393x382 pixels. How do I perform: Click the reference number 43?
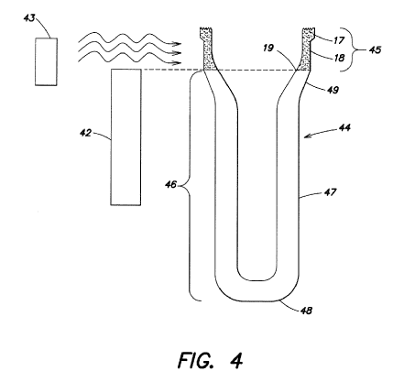click(x=29, y=18)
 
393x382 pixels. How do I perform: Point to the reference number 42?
click(x=86, y=133)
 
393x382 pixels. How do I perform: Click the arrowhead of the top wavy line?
click(x=177, y=44)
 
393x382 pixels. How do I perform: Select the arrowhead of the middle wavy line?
click(x=177, y=53)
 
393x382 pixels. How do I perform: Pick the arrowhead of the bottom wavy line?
click(x=177, y=63)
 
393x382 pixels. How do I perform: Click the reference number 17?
click(x=339, y=40)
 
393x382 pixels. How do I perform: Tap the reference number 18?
click(x=339, y=58)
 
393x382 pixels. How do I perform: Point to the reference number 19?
click(x=268, y=48)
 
